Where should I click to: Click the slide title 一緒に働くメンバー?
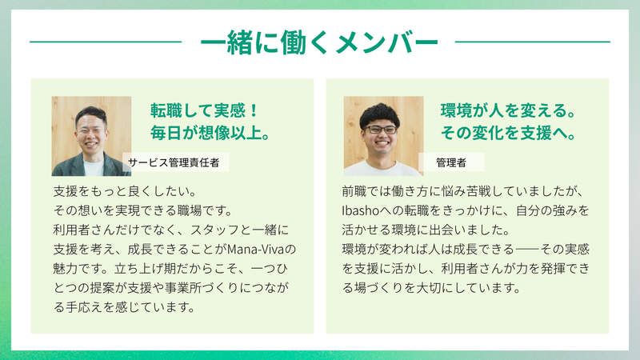pos(319,42)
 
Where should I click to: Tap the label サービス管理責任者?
pos(174,162)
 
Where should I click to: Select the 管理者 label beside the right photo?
pos(451,162)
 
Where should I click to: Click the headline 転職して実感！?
pos(205,110)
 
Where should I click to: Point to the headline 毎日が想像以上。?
pos(210,133)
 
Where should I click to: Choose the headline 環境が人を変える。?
pos(508,110)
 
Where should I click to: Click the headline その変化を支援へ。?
pos(508,133)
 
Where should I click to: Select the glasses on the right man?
pos(380,130)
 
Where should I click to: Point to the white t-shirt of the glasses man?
pos(382,169)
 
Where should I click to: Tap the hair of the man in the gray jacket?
pos(91,114)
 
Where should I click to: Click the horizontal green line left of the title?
pos(106,42)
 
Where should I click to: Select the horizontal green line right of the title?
pos(532,42)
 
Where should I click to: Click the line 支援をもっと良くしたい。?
pos(126,191)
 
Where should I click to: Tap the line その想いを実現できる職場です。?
pos(143,210)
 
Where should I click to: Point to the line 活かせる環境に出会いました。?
pos(426,230)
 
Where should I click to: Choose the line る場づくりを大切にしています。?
pos(432,288)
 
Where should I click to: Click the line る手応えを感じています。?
pos(125,307)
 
